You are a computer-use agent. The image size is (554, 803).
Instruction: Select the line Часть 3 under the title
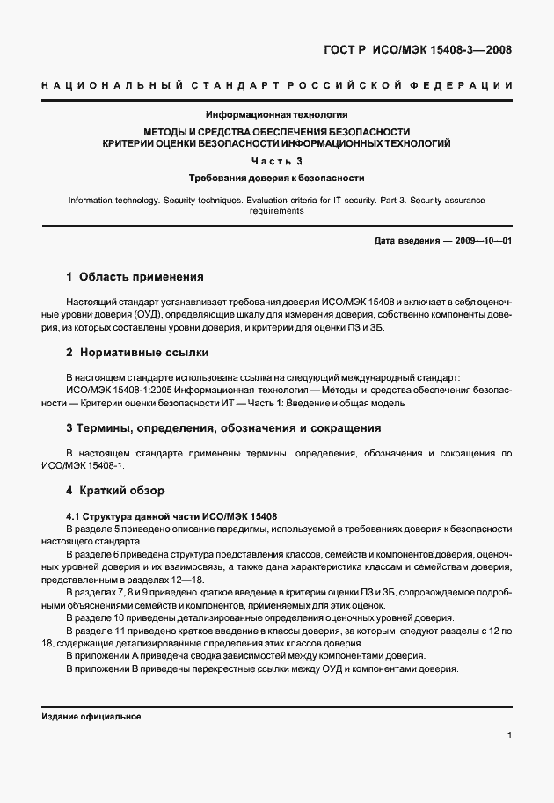coord(276,160)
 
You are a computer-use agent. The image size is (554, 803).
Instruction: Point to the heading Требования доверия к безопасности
coord(276,178)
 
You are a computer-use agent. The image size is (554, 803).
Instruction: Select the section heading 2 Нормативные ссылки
coord(137,353)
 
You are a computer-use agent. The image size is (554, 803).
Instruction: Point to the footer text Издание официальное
coord(91,716)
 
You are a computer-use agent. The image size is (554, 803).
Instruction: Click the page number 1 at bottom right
coord(509,735)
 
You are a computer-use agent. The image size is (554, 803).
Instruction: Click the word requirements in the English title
coord(276,211)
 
